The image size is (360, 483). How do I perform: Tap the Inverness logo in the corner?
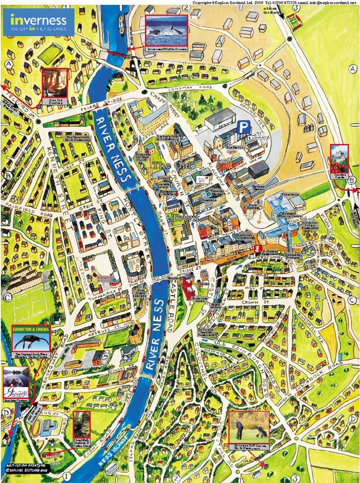point(39,22)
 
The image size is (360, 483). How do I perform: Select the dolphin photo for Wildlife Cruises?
point(166,30)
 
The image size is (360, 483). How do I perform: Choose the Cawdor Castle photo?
point(339,158)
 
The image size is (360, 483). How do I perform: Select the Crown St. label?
point(267,304)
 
